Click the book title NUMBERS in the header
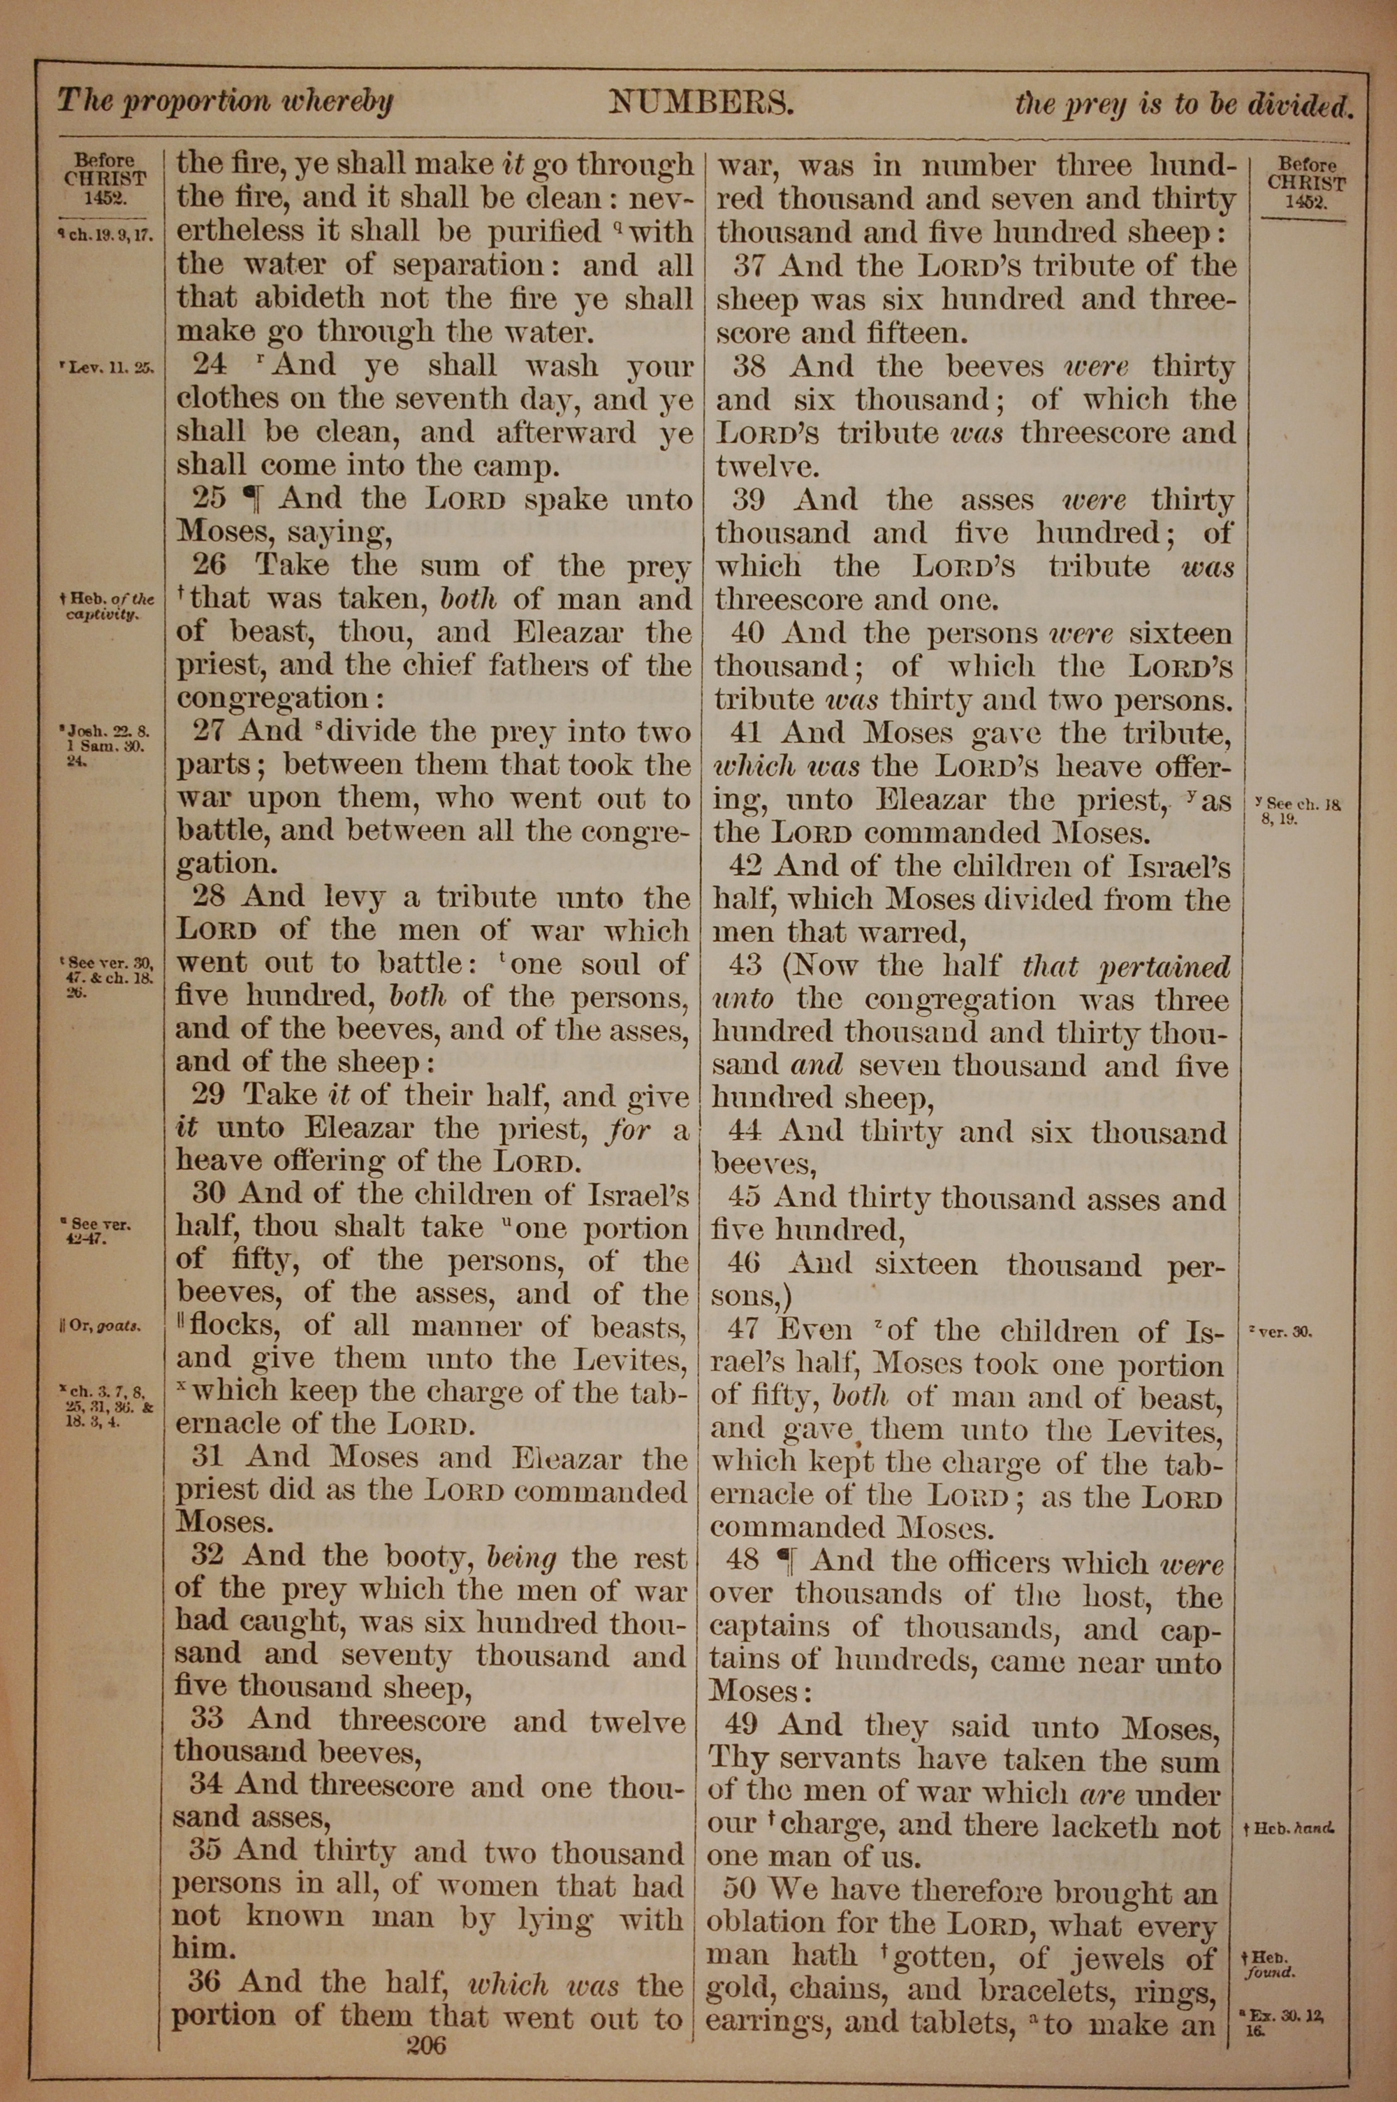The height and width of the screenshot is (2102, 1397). (x=701, y=104)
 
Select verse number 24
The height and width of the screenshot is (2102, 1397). (x=210, y=365)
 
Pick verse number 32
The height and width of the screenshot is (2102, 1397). (x=207, y=1556)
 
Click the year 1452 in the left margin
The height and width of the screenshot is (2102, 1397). (x=103, y=198)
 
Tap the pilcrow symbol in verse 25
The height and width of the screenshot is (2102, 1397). (x=254, y=499)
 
